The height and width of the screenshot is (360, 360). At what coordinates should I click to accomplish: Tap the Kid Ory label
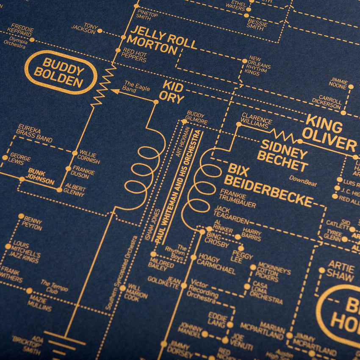click(173, 93)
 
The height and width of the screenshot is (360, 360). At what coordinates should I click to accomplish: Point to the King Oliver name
click(331, 133)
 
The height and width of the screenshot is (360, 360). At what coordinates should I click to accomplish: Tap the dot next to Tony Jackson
click(100, 30)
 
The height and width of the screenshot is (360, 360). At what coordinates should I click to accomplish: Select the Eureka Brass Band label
click(35, 133)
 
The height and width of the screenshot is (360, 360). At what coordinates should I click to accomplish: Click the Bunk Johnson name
click(41, 177)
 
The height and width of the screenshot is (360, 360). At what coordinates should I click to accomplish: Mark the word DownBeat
click(303, 181)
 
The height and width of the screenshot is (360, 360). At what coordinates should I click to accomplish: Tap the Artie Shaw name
click(341, 271)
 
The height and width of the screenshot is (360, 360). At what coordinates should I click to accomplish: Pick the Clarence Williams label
click(255, 120)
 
